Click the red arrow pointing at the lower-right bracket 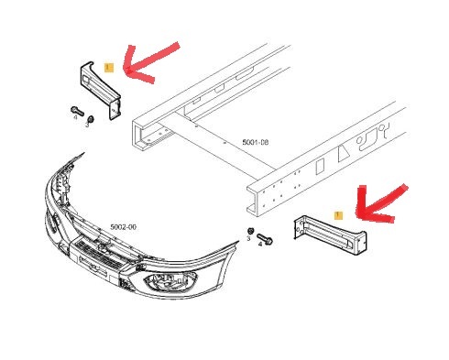point(375,208)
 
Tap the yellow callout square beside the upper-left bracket point(109,68)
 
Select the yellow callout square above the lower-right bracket point(338,215)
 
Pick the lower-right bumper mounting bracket point(330,235)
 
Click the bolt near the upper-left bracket point(77,111)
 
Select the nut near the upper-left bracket point(91,118)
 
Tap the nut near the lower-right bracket point(250,231)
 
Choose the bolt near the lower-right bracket point(265,239)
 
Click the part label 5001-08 point(256,142)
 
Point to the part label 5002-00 point(123,227)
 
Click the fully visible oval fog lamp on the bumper point(170,281)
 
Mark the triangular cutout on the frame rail point(344,152)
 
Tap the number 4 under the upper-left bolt point(75,117)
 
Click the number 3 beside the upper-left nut point(87,125)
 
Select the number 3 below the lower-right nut point(248,238)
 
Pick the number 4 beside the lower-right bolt point(260,245)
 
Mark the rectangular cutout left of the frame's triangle point(320,167)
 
